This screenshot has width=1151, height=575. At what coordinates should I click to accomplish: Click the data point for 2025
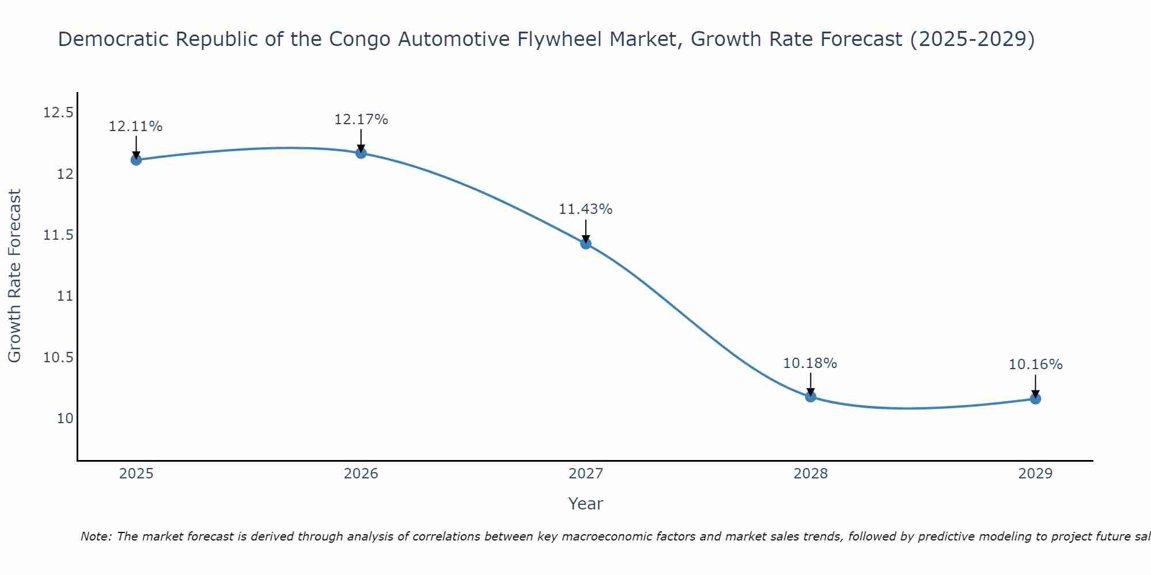pyautogui.click(x=136, y=160)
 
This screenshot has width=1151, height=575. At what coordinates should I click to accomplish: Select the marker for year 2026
pyautogui.click(x=361, y=153)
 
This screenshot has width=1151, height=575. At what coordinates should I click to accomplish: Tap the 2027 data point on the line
pyautogui.click(x=586, y=244)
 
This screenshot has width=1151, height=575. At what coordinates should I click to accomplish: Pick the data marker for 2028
pyautogui.click(x=810, y=396)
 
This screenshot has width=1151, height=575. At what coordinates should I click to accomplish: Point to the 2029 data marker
pyautogui.click(x=1035, y=398)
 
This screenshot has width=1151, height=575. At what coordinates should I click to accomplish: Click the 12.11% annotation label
pyautogui.click(x=136, y=126)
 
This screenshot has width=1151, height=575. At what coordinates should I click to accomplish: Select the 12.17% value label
pyautogui.click(x=361, y=120)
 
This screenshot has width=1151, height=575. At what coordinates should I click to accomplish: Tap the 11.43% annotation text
pyautogui.click(x=585, y=209)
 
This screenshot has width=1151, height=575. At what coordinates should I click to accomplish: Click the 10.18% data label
pyautogui.click(x=810, y=363)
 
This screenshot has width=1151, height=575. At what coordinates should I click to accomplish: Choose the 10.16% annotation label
pyautogui.click(x=1035, y=365)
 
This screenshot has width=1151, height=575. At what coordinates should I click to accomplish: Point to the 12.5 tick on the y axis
pyautogui.click(x=58, y=113)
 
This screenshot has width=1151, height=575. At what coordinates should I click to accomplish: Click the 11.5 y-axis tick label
pyautogui.click(x=58, y=235)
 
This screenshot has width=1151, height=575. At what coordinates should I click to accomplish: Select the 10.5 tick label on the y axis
pyautogui.click(x=58, y=358)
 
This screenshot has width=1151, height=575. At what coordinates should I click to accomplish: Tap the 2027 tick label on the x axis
pyautogui.click(x=586, y=474)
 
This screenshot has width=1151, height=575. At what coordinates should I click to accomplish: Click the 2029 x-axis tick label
pyautogui.click(x=1035, y=474)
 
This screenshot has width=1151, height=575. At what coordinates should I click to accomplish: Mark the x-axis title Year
pyautogui.click(x=585, y=504)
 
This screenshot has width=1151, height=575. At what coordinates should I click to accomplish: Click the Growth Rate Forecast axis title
pyautogui.click(x=15, y=276)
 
